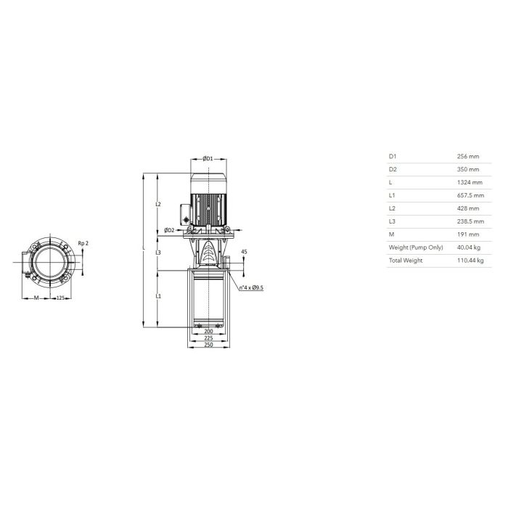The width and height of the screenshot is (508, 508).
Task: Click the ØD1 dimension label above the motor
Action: [208, 158]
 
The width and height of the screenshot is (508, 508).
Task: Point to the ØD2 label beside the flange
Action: [169, 230]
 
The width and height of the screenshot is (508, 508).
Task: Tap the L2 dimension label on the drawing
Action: [158, 204]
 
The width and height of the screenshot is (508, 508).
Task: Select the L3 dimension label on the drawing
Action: [158, 252]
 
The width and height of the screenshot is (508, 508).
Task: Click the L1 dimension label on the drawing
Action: [158, 296]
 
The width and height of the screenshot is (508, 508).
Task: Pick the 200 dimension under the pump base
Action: [209, 331]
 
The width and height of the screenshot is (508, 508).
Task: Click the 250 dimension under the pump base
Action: [209, 345]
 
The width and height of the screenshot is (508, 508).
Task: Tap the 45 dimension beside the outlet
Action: [245, 251]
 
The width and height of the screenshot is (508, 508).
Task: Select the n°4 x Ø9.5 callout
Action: [251, 287]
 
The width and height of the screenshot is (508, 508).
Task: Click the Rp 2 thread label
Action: [83, 243]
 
